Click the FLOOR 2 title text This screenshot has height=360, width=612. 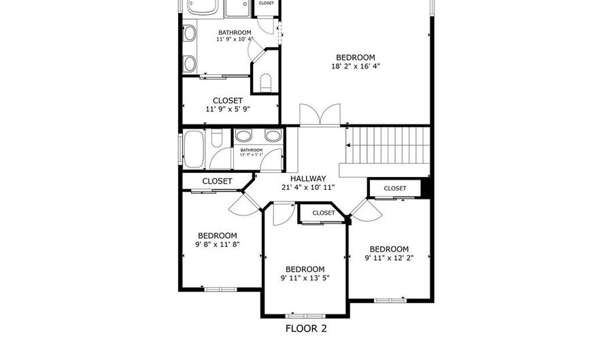click(x=305, y=328)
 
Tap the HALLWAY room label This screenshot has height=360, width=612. click(x=303, y=179)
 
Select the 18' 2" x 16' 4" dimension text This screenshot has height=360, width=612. click(x=355, y=67)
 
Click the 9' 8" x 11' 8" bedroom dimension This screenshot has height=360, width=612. click(x=217, y=244)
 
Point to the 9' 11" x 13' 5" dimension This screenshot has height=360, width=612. click(x=305, y=278)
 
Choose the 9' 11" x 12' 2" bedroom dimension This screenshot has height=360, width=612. click(x=389, y=258)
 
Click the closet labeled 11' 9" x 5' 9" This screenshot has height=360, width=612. click(x=228, y=109)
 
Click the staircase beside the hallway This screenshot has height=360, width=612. click(x=389, y=145)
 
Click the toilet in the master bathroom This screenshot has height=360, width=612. click(x=266, y=83)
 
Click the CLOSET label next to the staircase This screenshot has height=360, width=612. click(x=395, y=189)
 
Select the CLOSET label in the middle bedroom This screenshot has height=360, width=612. click(x=324, y=213)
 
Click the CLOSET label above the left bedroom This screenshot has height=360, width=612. click(x=217, y=181)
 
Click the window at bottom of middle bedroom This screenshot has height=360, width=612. click(x=305, y=316)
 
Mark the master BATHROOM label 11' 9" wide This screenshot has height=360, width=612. click(x=235, y=32)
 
